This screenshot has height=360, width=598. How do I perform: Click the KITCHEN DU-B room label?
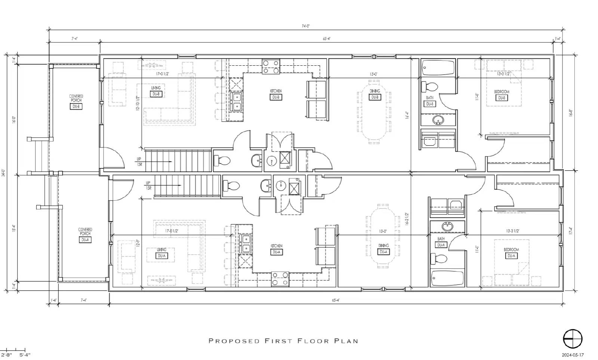[x=276, y=94]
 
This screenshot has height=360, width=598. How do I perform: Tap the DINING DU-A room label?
[x=383, y=249]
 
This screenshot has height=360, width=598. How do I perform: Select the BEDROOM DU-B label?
[x=502, y=95]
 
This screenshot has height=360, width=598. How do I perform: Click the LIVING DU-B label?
[x=156, y=91]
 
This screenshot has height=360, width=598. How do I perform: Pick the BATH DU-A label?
[x=441, y=242]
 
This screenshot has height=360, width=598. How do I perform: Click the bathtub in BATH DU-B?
[x=438, y=68]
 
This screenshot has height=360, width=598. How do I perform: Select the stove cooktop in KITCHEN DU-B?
[x=271, y=67]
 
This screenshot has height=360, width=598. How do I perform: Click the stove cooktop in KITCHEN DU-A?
[x=280, y=279]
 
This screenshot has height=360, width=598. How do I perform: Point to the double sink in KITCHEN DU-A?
[x=246, y=243]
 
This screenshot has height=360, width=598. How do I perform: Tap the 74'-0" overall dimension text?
[x=306, y=26]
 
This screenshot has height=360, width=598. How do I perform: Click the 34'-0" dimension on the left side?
[x=3, y=173]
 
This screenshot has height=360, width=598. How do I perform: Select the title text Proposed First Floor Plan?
[x=283, y=341]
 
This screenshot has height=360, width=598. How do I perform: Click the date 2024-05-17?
[x=572, y=355]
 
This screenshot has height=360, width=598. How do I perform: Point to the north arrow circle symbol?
[x=573, y=339]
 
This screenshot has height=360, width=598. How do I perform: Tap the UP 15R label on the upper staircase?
[x=139, y=161]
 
